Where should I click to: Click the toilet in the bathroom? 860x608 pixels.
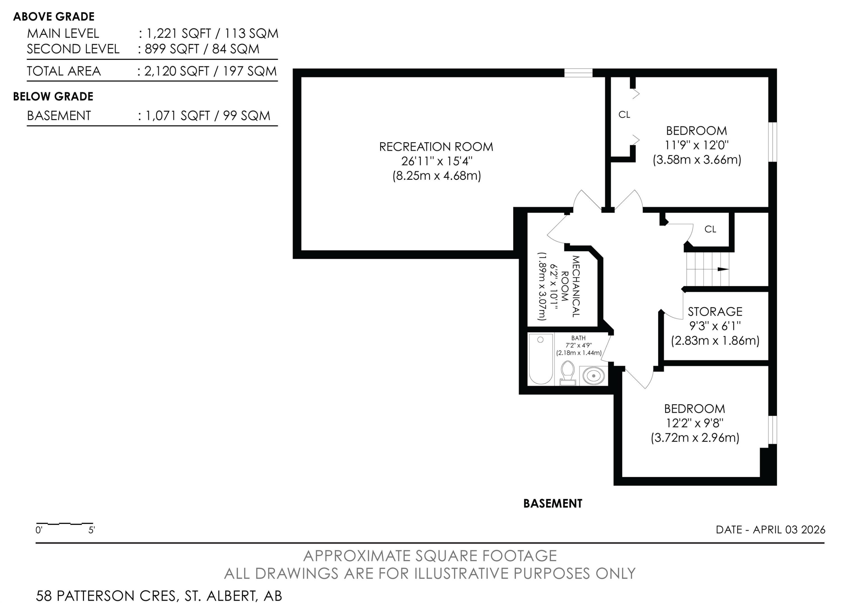pos(568,373)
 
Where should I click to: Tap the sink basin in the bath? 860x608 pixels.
pos(594,375)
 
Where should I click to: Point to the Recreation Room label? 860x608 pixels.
pos(436,147)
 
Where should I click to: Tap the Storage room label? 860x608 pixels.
pos(715,312)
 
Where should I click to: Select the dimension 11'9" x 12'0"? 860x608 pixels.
pos(697,145)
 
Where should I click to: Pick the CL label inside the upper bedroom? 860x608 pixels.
pos(624,115)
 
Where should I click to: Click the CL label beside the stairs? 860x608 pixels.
pos(710,229)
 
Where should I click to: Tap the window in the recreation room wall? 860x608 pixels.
pos(578,73)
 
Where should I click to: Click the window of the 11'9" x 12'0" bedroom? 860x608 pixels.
pos(773,142)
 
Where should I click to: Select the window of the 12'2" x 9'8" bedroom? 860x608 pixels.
pos(773,430)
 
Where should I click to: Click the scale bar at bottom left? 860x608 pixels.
pos(64,523)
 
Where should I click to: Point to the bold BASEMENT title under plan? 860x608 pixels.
pos(553,504)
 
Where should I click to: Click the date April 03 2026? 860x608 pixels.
pos(771,530)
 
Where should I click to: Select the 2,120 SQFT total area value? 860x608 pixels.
pos(176,71)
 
